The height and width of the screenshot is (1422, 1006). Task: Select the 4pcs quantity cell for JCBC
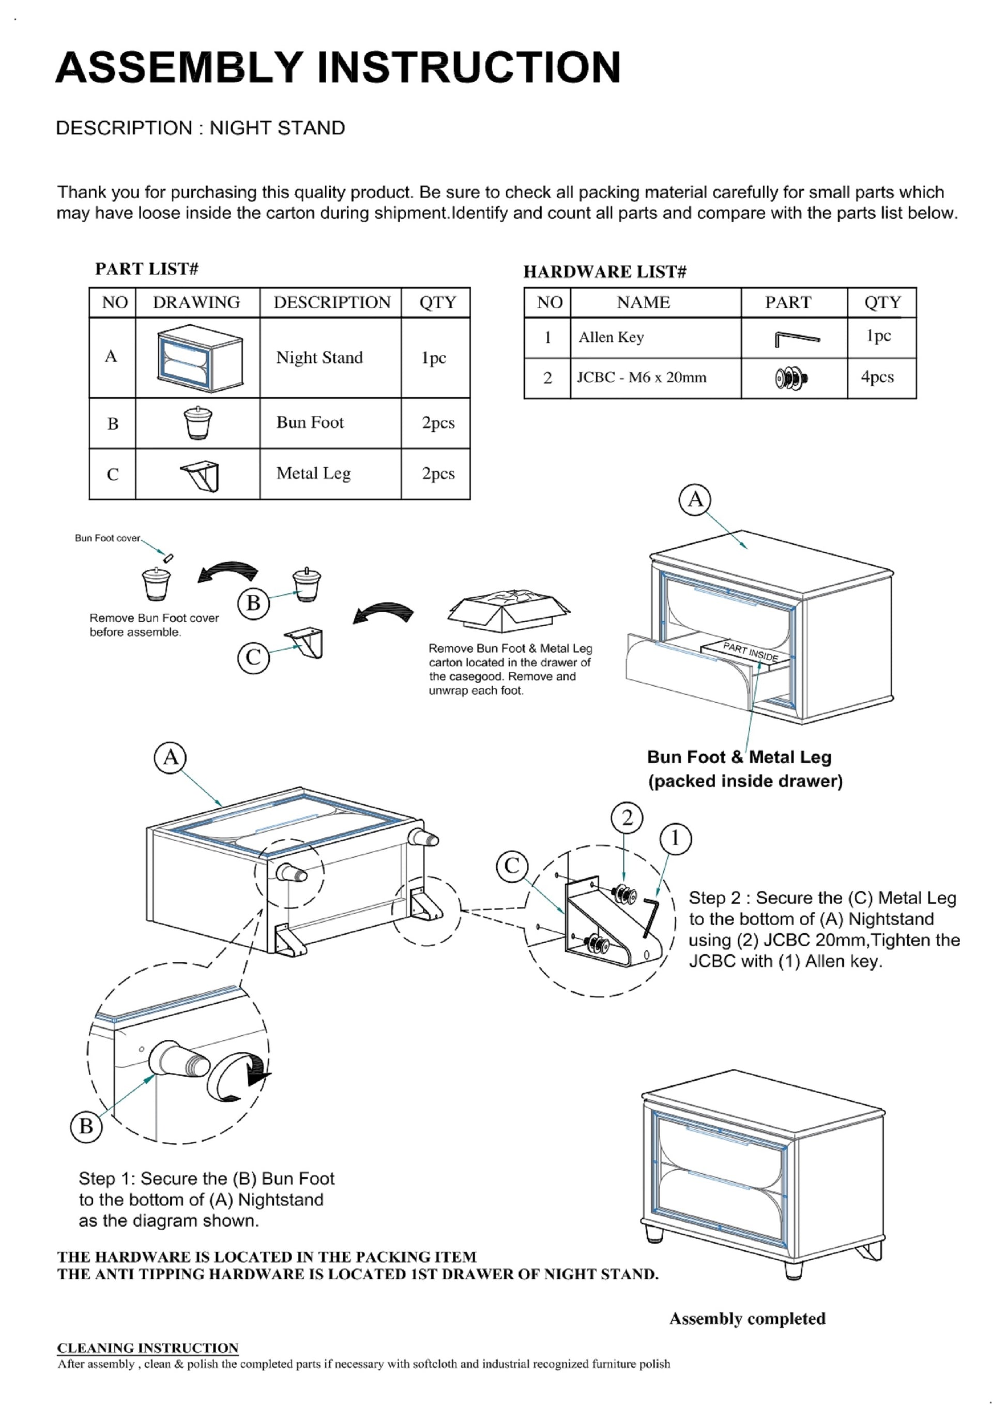tap(877, 377)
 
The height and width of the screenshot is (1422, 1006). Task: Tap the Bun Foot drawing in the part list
tap(197, 422)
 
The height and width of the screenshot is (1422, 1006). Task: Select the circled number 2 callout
tap(627, 819)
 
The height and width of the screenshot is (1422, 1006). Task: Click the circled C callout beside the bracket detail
tap(512, 866)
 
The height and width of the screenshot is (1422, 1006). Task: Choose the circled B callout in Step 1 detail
tap(86, 1126)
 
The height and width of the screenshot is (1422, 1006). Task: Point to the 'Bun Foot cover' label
tap(108, 538)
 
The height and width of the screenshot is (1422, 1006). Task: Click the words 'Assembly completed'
tap(747, 1319)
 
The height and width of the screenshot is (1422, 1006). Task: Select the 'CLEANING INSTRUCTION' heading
tap(147, 1348)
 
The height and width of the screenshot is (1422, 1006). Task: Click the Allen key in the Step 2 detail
tap(651, 916)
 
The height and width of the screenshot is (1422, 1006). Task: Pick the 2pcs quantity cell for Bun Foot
tap(438, 422)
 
